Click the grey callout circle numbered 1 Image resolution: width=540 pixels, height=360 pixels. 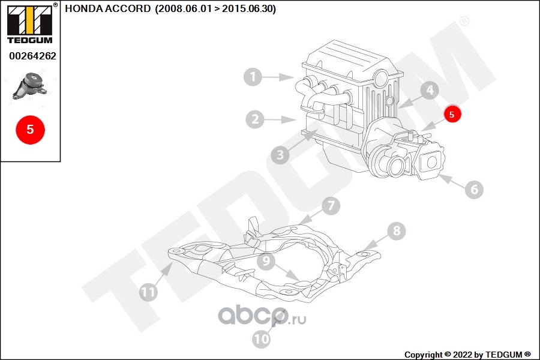(x=253, y=77)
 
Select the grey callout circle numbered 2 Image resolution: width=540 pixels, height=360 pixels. (x=255, y=119)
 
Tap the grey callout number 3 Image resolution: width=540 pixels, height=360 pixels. (x=279, y=156)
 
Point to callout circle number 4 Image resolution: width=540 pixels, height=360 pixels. (x=430, y=91)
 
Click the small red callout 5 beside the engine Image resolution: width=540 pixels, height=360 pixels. (x=452, y=113)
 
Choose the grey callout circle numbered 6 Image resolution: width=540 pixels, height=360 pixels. (x=473, y=190)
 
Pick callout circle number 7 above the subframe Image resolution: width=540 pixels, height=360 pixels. (x=331, y=206)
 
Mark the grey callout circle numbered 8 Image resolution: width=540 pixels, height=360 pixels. (x=397, y=230)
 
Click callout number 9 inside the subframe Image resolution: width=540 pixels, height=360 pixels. (x=266, y=262)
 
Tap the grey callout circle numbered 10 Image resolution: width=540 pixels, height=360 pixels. (x=262, y=340)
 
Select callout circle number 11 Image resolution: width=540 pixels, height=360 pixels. (x=148, y=292)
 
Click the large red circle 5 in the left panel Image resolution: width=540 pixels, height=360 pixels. (x=30, y=130)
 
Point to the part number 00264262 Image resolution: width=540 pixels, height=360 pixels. (x=32, y=56)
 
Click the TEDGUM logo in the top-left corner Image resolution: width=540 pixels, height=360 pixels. (x=29, y=24)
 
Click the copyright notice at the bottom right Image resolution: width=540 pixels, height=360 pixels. (x=467, y=355)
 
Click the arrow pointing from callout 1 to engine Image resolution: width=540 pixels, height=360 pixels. (x=280, y=77)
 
